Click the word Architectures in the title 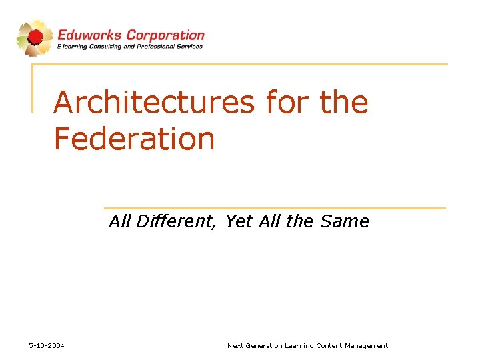tap(154, 103)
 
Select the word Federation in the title tap(134, 139)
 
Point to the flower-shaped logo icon tap(34, 37)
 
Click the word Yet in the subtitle tap(237, 221)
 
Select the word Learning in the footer tap(299, 345)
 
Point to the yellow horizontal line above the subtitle tap(275, 208)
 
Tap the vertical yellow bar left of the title tap(33, 87)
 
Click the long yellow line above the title tap(240, 65)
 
